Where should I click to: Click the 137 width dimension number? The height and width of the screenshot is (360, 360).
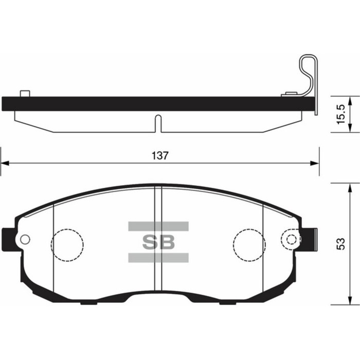[160, 156]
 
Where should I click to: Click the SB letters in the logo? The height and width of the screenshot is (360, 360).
[158, 242]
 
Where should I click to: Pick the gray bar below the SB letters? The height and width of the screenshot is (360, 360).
[158, 258]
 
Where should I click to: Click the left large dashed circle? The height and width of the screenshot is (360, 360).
[67, 242]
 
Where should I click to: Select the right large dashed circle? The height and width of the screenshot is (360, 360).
[248, 242]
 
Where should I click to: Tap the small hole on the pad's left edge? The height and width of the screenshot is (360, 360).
[24, 239]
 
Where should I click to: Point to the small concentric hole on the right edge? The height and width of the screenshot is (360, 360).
[292, 239]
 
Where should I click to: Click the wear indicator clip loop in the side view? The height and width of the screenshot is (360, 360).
[309, 72]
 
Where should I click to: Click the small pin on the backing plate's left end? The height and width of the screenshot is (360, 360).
[24, 93]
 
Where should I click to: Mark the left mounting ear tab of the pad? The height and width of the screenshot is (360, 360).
[7, 239]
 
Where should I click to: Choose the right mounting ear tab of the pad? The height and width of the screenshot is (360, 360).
[310, 239]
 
